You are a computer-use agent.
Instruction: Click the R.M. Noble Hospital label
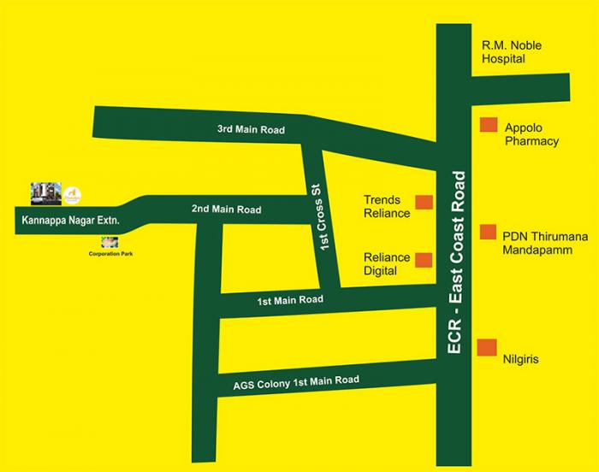tap(511, 52)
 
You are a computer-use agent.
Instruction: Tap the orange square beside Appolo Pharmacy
tap(488, 125)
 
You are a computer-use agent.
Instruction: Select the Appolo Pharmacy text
tap(531, 134)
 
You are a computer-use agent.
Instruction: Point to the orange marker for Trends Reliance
tap(424, 203)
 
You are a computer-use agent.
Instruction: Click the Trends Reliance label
tap(387, 207)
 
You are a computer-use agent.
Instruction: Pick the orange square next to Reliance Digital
tap(424, 259)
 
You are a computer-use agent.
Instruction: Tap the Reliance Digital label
tap(386, 263)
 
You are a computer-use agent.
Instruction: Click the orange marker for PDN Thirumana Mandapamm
tap(488, 232)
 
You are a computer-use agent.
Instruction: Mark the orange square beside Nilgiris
tap(487, 346)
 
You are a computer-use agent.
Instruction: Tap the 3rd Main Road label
tap(250, 130)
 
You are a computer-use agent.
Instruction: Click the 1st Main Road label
tap(290, 300)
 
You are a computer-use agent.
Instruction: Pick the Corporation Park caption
tap(111, 254)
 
